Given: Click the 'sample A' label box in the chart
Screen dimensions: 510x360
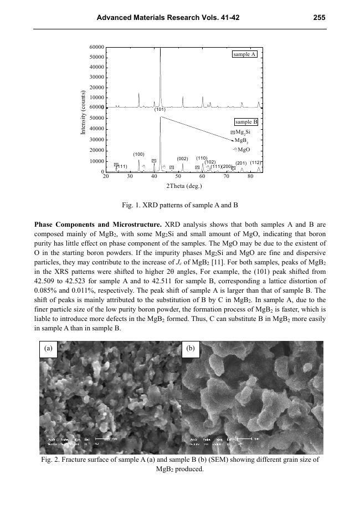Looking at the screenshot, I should pyautogui.click(x=244, y=54).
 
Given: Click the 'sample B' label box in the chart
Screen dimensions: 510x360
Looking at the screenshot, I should pyautogui.click(x=246, y=122).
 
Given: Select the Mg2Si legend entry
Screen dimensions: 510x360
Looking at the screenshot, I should pyautogui.click(x=243, y=132).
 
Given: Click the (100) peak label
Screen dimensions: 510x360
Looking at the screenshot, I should pyautogui.click(x=138, y=154).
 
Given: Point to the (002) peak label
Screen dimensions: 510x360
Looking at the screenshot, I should pyautogui.click(x=183, y=159).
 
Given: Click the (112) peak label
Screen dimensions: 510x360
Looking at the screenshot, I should pyautogui.click(x=255, y=162).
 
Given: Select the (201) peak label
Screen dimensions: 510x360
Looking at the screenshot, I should pyautogui.click(x=241, y=163).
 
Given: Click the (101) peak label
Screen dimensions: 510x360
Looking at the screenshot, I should pyautogui.click(x=160, y=110).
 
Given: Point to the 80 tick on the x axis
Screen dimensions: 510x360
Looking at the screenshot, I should pyautogui.click(x=250, y=176).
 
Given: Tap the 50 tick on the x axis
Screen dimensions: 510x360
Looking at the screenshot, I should pyautogui.click(x=178, y=176).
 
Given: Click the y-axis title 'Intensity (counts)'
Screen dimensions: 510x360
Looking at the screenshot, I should pyautogui.click(x=83, y=112).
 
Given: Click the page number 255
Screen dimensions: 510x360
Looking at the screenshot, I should pyautogui.click(x=318, y=17).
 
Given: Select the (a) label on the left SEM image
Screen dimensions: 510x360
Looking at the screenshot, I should pyautogui.click(x=49, y=349).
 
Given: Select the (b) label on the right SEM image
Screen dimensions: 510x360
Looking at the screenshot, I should pyautogui.click(x=191, y=349).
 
